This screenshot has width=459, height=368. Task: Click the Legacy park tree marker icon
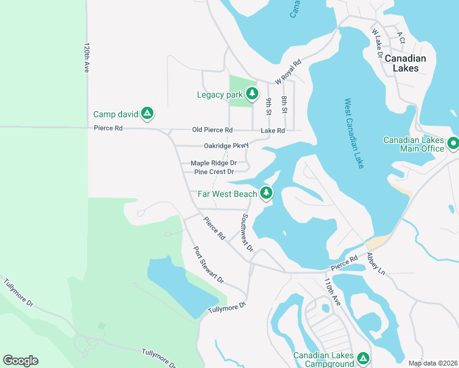click(251, 94)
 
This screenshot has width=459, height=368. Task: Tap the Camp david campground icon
click(147, 113)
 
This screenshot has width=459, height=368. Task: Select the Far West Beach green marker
click(266, 193)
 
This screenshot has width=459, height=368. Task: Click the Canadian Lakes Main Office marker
click(453, 144)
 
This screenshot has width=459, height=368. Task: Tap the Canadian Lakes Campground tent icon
click(363, 357)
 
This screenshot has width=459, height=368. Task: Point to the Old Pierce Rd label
click(212, 130)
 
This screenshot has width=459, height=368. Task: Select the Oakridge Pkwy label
click(226, 146)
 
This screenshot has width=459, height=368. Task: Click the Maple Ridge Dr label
click(214, 163)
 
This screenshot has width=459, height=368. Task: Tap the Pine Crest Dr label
click(214, 172)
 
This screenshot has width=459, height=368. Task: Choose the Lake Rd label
click(272, 130)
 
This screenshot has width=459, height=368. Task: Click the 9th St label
click(269, 105)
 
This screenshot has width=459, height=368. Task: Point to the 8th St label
click(285, 105)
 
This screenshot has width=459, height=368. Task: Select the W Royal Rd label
click(288, 72)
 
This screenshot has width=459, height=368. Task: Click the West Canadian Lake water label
click(355, 133)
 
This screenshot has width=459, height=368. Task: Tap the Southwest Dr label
click(247, 232)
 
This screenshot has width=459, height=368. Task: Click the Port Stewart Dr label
click(209, 264)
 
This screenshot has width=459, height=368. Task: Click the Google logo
click(20, 361)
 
